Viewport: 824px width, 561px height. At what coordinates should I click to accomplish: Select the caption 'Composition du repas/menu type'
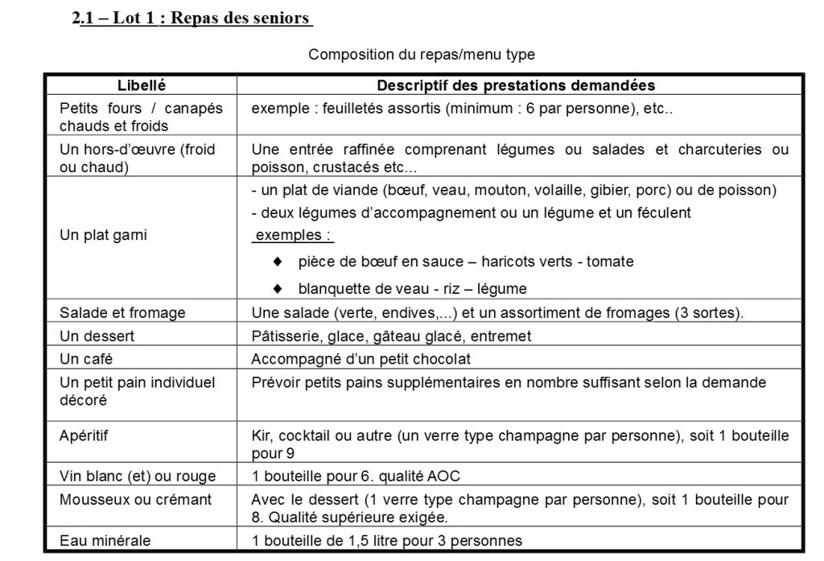(421, 55)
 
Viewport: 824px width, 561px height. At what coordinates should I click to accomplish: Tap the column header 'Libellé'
(142, 85)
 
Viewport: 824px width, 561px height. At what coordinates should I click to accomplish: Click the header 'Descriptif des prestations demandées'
(516, 85)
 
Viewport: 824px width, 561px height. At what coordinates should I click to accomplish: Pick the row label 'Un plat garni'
(103, 235)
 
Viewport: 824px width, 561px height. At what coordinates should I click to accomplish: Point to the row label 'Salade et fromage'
(122, 312)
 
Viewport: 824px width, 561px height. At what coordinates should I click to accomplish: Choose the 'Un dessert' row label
(97, 336)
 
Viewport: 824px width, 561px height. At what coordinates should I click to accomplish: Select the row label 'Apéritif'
(84, 435)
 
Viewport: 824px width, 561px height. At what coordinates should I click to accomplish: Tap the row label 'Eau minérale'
(105, 540)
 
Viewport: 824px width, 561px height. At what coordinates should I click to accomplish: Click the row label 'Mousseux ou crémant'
(136, 499)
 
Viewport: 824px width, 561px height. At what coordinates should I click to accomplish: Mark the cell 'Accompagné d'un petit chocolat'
(360, 359)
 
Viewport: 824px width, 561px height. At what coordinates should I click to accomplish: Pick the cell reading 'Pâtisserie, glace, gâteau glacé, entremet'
(391, 336)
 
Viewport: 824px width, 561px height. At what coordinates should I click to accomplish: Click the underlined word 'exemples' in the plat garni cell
(292, 236)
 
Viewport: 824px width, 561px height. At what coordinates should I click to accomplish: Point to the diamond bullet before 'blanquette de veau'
(278, 287)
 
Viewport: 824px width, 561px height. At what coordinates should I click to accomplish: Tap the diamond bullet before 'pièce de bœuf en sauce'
(278, 262)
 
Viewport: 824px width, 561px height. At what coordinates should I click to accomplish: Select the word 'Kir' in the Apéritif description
(261, 435)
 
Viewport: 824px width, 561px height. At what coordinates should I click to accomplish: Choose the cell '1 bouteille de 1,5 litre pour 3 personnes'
(386, 540)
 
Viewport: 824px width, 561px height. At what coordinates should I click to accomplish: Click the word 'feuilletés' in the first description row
(352, 108)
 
